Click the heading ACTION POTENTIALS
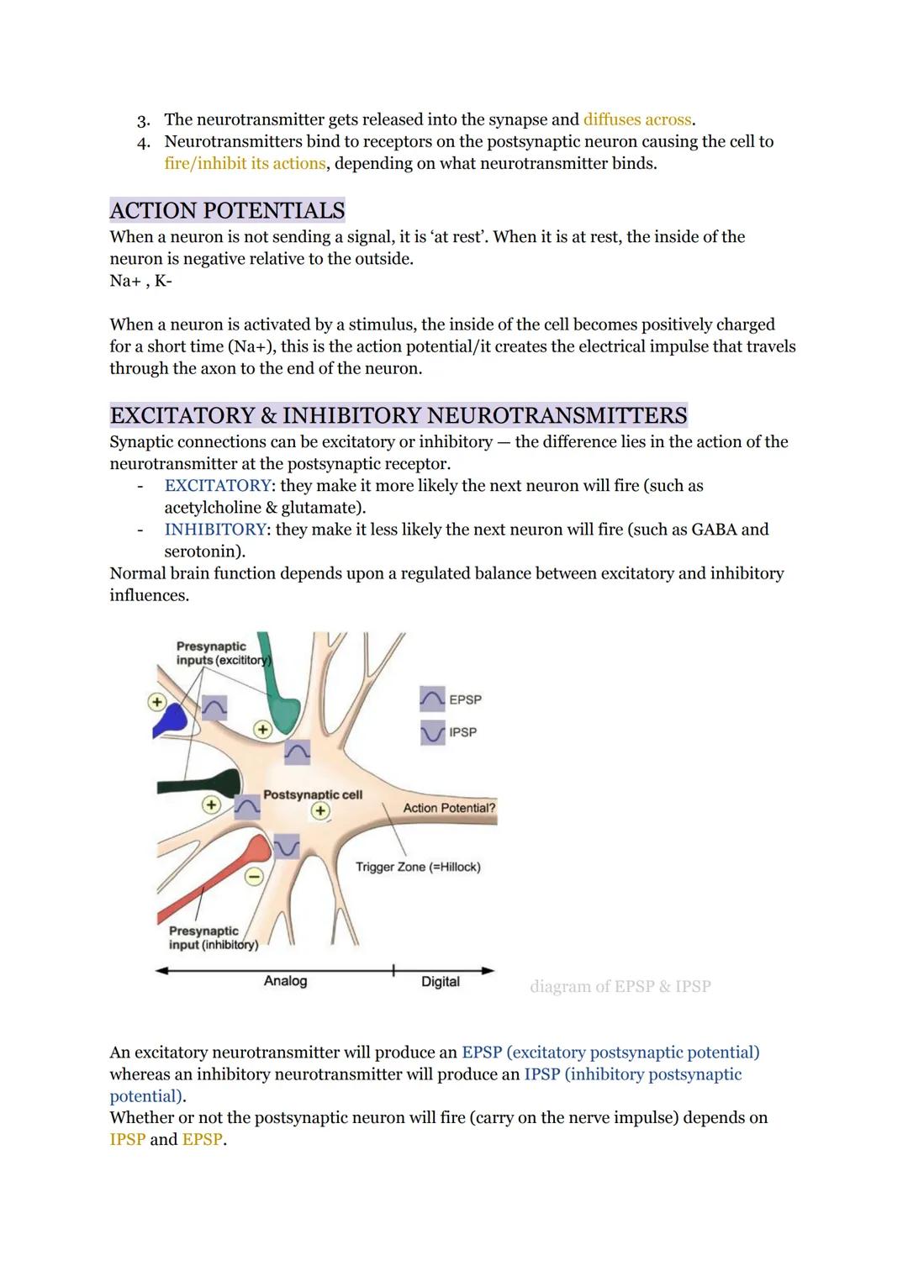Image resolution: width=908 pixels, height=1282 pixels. [227, 210]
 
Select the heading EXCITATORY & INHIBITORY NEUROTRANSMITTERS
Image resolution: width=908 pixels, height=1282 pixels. [399, 415]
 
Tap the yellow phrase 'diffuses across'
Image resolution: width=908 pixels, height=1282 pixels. [638, 119]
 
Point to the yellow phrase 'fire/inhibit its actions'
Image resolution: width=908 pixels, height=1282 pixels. [245, 163]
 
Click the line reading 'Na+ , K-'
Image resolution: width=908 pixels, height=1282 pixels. [140, 281]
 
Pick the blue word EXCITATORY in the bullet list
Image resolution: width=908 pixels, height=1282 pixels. [218, 486]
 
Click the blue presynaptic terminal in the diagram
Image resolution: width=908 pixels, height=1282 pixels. [172, 719]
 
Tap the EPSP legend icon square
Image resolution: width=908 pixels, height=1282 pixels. [432, 699]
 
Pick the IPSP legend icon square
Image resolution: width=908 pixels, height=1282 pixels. [432, 732]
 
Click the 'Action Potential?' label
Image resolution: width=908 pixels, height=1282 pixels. [449, 808]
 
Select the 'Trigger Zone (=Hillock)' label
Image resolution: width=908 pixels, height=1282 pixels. [418, 867]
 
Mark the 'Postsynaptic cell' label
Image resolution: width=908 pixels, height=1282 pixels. [313, 794]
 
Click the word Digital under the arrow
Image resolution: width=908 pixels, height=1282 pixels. [441, 982]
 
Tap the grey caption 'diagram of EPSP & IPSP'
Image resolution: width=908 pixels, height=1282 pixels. [620, 986]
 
